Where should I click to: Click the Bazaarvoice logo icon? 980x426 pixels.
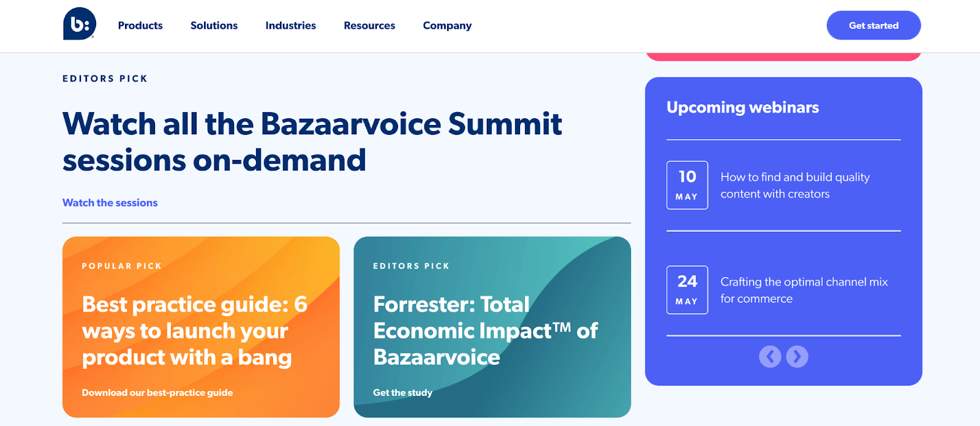point(79,24)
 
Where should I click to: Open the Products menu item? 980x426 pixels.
point(140,26)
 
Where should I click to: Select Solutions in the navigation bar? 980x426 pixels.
point(214,26)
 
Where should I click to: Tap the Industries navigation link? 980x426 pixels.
point(290,26)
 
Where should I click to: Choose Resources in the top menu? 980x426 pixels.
point(369,26)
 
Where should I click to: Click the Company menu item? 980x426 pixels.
point(447,26)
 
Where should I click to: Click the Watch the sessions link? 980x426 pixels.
point(110,203)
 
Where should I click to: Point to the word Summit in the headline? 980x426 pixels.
point(505,124)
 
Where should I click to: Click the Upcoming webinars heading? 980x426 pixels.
point(742,108)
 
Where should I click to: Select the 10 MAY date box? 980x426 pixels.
point(687,185)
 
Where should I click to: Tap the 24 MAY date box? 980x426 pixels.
point(687,290)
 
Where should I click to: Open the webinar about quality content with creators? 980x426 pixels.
point(795,185)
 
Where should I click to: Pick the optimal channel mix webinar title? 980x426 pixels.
point(804,290)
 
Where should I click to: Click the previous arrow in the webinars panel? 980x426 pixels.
point(770,356)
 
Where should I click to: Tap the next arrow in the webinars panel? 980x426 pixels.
point(797,356)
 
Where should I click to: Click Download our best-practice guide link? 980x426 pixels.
point(157,393)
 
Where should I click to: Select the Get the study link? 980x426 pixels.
point(402,393)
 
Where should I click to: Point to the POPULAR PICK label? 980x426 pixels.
point(122,266)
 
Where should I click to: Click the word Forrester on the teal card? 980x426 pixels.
point(424,305)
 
